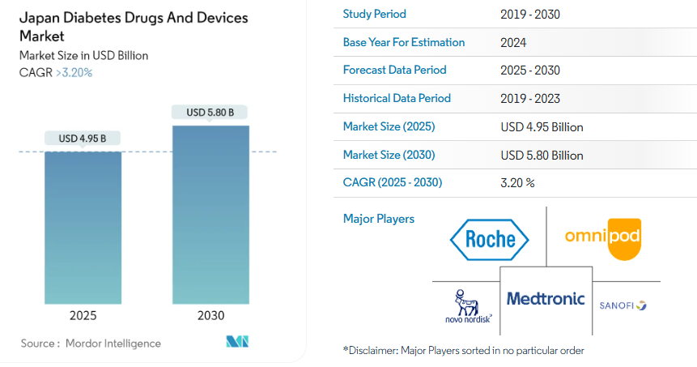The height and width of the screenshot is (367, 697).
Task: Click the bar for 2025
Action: [83, 227]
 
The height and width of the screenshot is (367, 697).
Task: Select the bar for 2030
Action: [210, 214]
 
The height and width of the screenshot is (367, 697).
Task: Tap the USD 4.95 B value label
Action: [83, 138]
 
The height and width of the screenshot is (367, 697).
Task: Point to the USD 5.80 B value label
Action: [210, 113]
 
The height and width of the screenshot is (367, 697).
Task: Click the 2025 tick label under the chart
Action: [83, 316]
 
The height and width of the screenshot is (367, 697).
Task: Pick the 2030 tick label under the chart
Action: [210, 316]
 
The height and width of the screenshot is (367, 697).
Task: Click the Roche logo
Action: [490, 238]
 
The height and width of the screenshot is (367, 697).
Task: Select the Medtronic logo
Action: [546, 299]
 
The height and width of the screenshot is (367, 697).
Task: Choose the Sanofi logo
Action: [623, 305]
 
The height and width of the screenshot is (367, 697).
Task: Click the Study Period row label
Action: [375, 14]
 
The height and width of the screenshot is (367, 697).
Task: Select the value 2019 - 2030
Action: [530, 14]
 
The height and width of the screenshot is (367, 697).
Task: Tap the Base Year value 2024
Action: [514, 42]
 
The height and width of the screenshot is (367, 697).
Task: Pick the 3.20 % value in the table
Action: [518, 183]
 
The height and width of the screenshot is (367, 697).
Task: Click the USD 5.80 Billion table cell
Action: [542, 155]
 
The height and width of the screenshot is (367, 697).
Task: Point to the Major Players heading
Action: [379, 219]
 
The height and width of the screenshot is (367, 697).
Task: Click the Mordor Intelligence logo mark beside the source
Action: [236, 342]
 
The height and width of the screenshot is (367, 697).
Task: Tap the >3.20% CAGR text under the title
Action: [74, 72]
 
